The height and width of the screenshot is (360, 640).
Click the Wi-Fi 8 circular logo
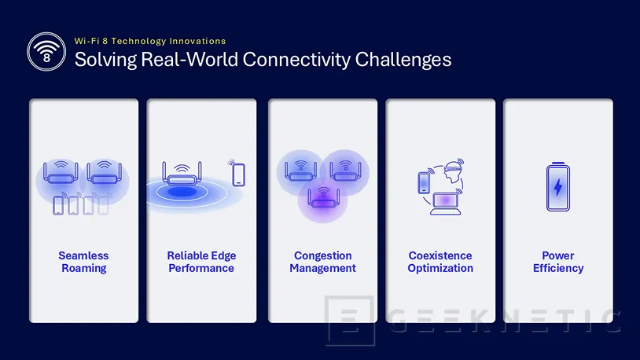point(46,52)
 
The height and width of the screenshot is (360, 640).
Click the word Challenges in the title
point(403,60)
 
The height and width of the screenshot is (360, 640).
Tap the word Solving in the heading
point(105,60)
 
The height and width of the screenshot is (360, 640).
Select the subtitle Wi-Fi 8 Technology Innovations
point(150,41)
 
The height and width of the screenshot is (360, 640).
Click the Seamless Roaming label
point(83,262)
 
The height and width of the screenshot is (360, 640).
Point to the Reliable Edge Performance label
point(201,262)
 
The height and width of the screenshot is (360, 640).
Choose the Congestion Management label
point(323,262)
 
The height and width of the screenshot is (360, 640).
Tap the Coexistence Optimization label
point(440,262)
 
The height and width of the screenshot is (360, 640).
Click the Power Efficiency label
point(558,262)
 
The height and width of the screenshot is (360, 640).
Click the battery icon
point(558,186)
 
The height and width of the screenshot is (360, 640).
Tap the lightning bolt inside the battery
point(558,187)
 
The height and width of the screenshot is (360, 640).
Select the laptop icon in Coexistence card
point(445,204)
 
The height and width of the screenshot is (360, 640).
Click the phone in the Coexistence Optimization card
point(424,182)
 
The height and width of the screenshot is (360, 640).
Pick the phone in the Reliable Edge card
point(239,174)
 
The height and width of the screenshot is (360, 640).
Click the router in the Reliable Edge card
point(182,174)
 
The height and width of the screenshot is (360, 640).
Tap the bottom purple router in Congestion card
point(323,198)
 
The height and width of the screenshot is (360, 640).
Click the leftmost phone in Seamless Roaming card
point(58,205)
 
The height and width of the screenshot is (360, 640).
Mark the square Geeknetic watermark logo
point(350,321)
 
